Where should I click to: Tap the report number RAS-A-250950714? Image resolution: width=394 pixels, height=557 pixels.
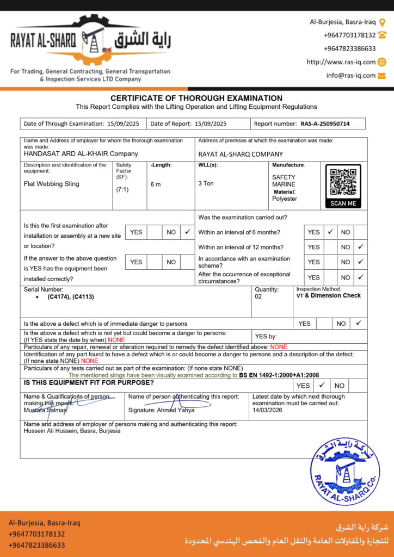click(325, 124)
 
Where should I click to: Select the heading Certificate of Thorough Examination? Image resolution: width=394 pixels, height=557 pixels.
click(196, 98)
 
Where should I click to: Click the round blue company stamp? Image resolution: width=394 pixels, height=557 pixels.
click(344, 465)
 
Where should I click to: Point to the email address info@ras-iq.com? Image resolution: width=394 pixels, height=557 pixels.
click(351, 76)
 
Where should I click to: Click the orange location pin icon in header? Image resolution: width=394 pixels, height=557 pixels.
click(382, 22)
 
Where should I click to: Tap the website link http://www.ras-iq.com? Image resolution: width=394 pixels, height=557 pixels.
click(341, 62)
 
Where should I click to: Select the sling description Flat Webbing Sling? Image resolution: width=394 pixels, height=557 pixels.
click(52, 184)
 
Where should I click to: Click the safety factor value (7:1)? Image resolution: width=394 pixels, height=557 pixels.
click(122, 190)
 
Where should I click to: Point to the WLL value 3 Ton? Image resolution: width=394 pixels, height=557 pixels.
click(206, 184)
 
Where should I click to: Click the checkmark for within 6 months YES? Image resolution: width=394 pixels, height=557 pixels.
click(330, 232)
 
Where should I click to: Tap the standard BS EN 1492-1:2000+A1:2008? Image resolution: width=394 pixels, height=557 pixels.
click(279, 375)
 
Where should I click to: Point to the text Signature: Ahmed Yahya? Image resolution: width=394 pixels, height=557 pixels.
click(161, 410)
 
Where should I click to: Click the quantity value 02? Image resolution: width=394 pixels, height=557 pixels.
click(258, 298)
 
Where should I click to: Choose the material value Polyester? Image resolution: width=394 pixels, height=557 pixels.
click(285, 199)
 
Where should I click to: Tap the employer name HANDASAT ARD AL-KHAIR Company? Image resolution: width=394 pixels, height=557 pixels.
click(81, 154)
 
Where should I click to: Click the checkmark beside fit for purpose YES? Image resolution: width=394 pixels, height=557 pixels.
click(322, 385)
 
